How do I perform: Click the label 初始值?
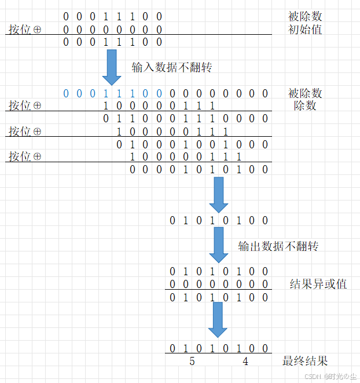pyautogui.click(x=305, y=29)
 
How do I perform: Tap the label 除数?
pyautogui.click(x=305, y=106)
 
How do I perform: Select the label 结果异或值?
pyautogui.click(x=318, y=284)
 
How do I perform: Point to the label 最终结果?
pyautogui.click(x=305, y=361)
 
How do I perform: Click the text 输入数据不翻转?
pyautogui.click(x=172, y=67)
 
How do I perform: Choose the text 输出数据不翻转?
pyautogui.click(x=278, y=246)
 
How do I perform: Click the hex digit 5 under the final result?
pyautogui.click(x=192, y=362)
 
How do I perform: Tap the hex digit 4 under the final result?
pyautogui.click(x=245, y=362)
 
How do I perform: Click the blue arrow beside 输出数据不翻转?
pyautogui.click(x=219, y=246)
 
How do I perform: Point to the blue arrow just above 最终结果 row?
pyautogui.click(x=219, y=319)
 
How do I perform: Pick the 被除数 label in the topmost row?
pyautogui.click(x=305, y=16)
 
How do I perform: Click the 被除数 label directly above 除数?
pyautogui.click(x=305, y=93)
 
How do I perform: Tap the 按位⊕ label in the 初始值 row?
pyautogui.click(x=25, y=29)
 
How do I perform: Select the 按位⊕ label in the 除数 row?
pyautogui.click(x=25, y=106)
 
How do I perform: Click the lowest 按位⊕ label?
pyautogui.click(x=25, y=157)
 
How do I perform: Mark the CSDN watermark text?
pyautogui.click(x=330, y=375)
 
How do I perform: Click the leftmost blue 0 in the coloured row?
pyautogui.click(x=66, y=93)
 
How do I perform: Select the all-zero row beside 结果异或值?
pyautogui.click(x=219, y=284)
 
